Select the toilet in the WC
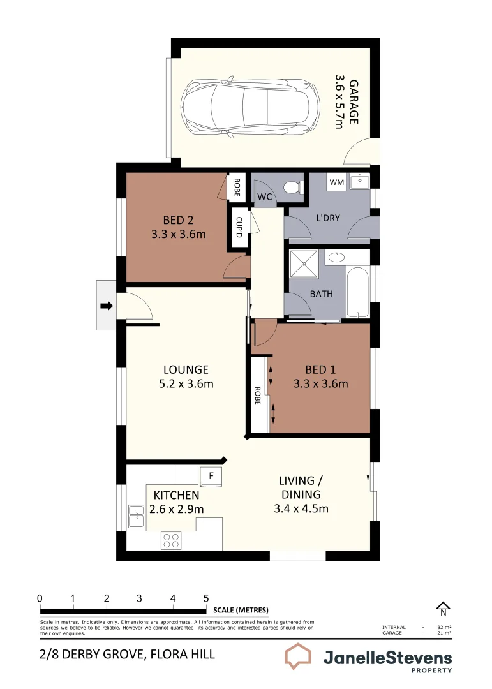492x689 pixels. pos(292,188)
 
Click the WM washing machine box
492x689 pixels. pos(336,183)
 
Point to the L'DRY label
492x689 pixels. pos(328,218)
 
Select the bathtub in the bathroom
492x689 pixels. pos(358,292)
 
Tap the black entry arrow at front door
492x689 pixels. pos(107,306)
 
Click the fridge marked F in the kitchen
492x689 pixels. pos(211,475)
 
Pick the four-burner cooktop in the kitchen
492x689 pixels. pos(170,540)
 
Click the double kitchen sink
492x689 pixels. pos(136,516)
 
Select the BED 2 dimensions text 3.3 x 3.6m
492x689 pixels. pos(179,234)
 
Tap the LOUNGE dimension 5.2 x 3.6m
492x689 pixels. pos(186,383)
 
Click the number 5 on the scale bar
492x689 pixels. pos(205,598)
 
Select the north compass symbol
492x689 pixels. pos(442,609)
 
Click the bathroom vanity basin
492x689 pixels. pos(337,257)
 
